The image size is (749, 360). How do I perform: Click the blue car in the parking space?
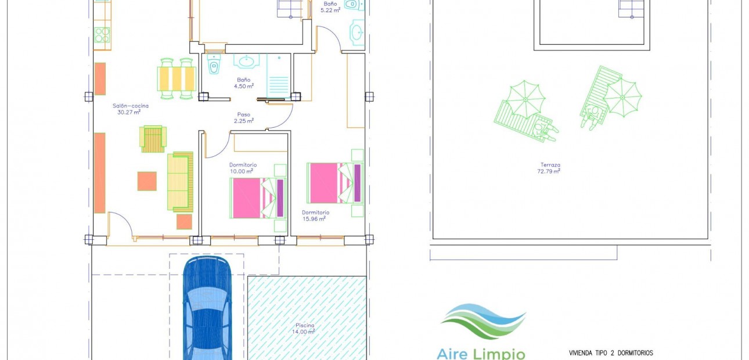[207, 308]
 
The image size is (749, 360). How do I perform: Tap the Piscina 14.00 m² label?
[304, 329]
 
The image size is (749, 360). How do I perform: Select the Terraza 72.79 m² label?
[549, 168]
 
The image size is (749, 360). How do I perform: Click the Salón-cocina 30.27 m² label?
[130, 109]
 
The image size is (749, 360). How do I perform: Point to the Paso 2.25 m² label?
[244, 118]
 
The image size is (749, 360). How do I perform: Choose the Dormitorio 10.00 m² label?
[243, 168]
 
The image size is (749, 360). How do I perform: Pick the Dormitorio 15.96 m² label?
[315, 215]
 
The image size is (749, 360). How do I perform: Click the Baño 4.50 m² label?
[244, 83]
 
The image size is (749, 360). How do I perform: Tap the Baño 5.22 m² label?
[330, 7]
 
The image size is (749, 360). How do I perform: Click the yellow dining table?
[177, 79]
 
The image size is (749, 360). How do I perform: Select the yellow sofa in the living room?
[180, 182]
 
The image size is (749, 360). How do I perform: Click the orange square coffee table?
[147, 181]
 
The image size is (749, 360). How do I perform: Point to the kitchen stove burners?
[102, 35]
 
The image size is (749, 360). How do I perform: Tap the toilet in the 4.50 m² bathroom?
[213, 63]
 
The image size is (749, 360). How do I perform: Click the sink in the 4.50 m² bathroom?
[246, 62]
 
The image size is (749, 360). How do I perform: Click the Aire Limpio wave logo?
[483, 321]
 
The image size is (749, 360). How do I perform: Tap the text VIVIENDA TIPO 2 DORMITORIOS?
[611, 353]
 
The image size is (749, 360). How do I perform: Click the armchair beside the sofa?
[153, 139]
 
